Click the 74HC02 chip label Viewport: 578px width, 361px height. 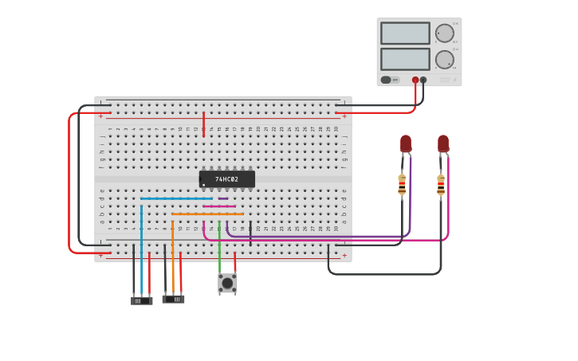(226, 179)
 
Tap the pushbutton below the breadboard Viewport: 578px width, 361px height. (227, 283)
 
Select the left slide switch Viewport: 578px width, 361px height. (141, 300)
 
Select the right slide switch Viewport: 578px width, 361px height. (173, 299)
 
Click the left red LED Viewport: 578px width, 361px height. (406, 143)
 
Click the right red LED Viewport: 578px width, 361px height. (443, 143)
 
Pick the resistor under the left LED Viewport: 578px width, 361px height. (402, 184)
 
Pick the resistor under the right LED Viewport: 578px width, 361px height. (441, 184)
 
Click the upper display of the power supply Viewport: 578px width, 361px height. (405, 33)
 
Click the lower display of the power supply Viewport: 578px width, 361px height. (405, 59)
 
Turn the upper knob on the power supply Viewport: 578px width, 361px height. (443, 33)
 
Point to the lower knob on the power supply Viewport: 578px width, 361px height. (443, 59)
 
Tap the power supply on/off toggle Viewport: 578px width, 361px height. (388, 80)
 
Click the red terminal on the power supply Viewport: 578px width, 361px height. (415, 80)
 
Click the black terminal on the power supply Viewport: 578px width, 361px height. (423, 80)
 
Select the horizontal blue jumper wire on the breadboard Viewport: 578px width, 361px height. (175, 198)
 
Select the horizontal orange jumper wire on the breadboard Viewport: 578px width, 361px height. (207, 214)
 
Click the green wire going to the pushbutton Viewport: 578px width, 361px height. (219, 255)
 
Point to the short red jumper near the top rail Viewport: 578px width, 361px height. (203, 124)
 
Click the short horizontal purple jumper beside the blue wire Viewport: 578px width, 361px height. (223, 198)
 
